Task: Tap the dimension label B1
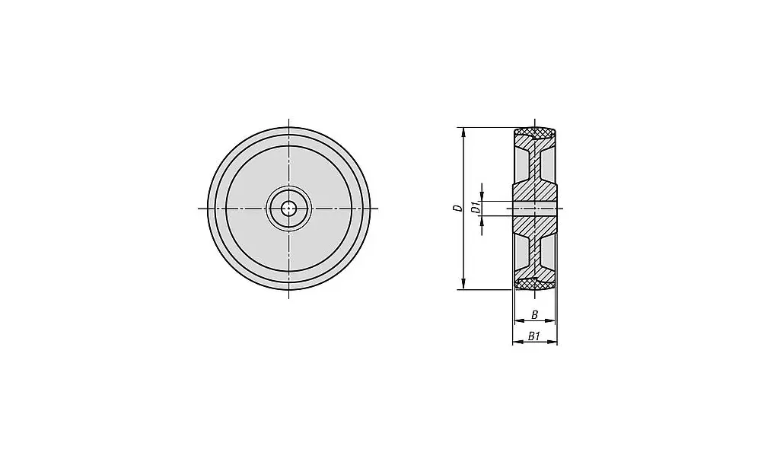(x=534, y=336)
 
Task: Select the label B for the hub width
(x=534, y=314)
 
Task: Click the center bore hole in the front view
(x=289, y=208)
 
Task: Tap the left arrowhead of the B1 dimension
(x=515, y=342)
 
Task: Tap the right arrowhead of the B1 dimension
(x=555, y=342)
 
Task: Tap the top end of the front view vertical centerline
(x=289, y=118)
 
